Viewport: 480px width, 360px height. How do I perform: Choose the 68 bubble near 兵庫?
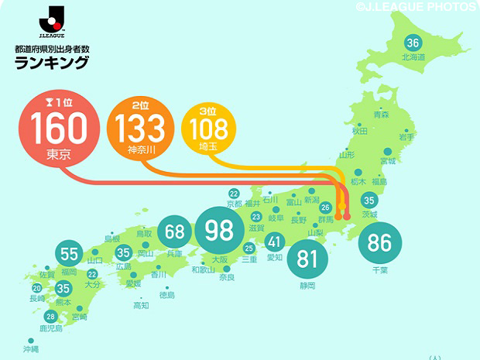pyautogui.click(x=175, y=232)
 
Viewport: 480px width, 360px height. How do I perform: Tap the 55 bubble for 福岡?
pyautogui.click(x=70, y=254)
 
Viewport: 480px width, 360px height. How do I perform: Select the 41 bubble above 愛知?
pyautogui.click(x=275, y=242)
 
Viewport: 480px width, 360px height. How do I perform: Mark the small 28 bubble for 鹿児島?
pyautogui.click(x=51, y=316)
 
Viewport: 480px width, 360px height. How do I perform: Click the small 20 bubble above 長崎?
pyautogui.click(x=36, y=288)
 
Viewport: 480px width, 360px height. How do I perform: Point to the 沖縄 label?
pyautogui.click(x=30, y=349)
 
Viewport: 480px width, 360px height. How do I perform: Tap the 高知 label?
pyautogui.click(x=141, y=306)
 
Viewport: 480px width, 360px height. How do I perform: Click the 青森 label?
pyautogui.click(x=381, y=115)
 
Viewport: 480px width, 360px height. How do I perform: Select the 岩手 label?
pyautogui.click(x=406, y=137)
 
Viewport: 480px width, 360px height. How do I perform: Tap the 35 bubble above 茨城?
pyautogui.click(x=369, y=201)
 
